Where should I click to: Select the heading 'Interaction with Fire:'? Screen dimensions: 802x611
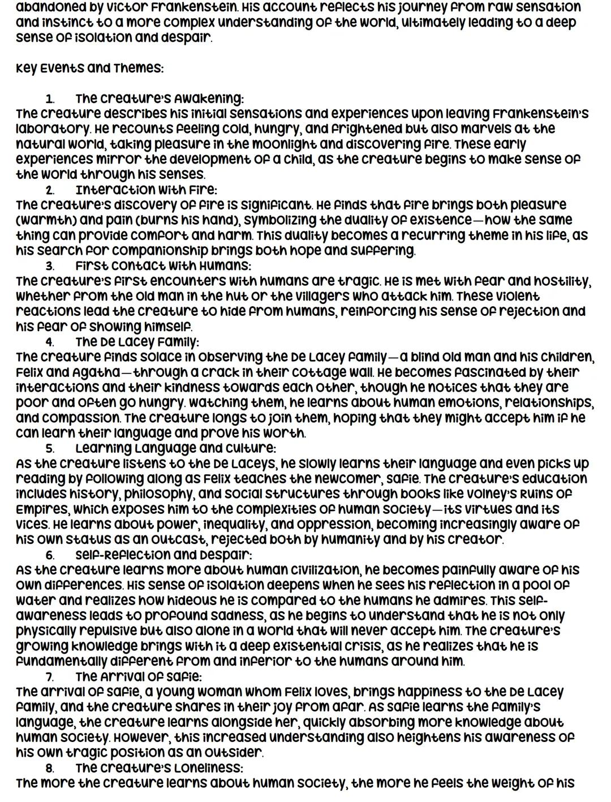coord(146,190)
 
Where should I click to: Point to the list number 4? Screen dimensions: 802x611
coord(50,342)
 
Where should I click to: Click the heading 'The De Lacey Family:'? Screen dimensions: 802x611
coord(137,342)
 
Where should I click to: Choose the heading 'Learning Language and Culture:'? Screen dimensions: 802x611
coord(175,449)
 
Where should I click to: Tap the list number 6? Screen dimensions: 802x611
coord(50,555)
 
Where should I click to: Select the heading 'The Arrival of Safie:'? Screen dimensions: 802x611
coord(139,677)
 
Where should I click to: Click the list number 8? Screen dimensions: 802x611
coord(50,769)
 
